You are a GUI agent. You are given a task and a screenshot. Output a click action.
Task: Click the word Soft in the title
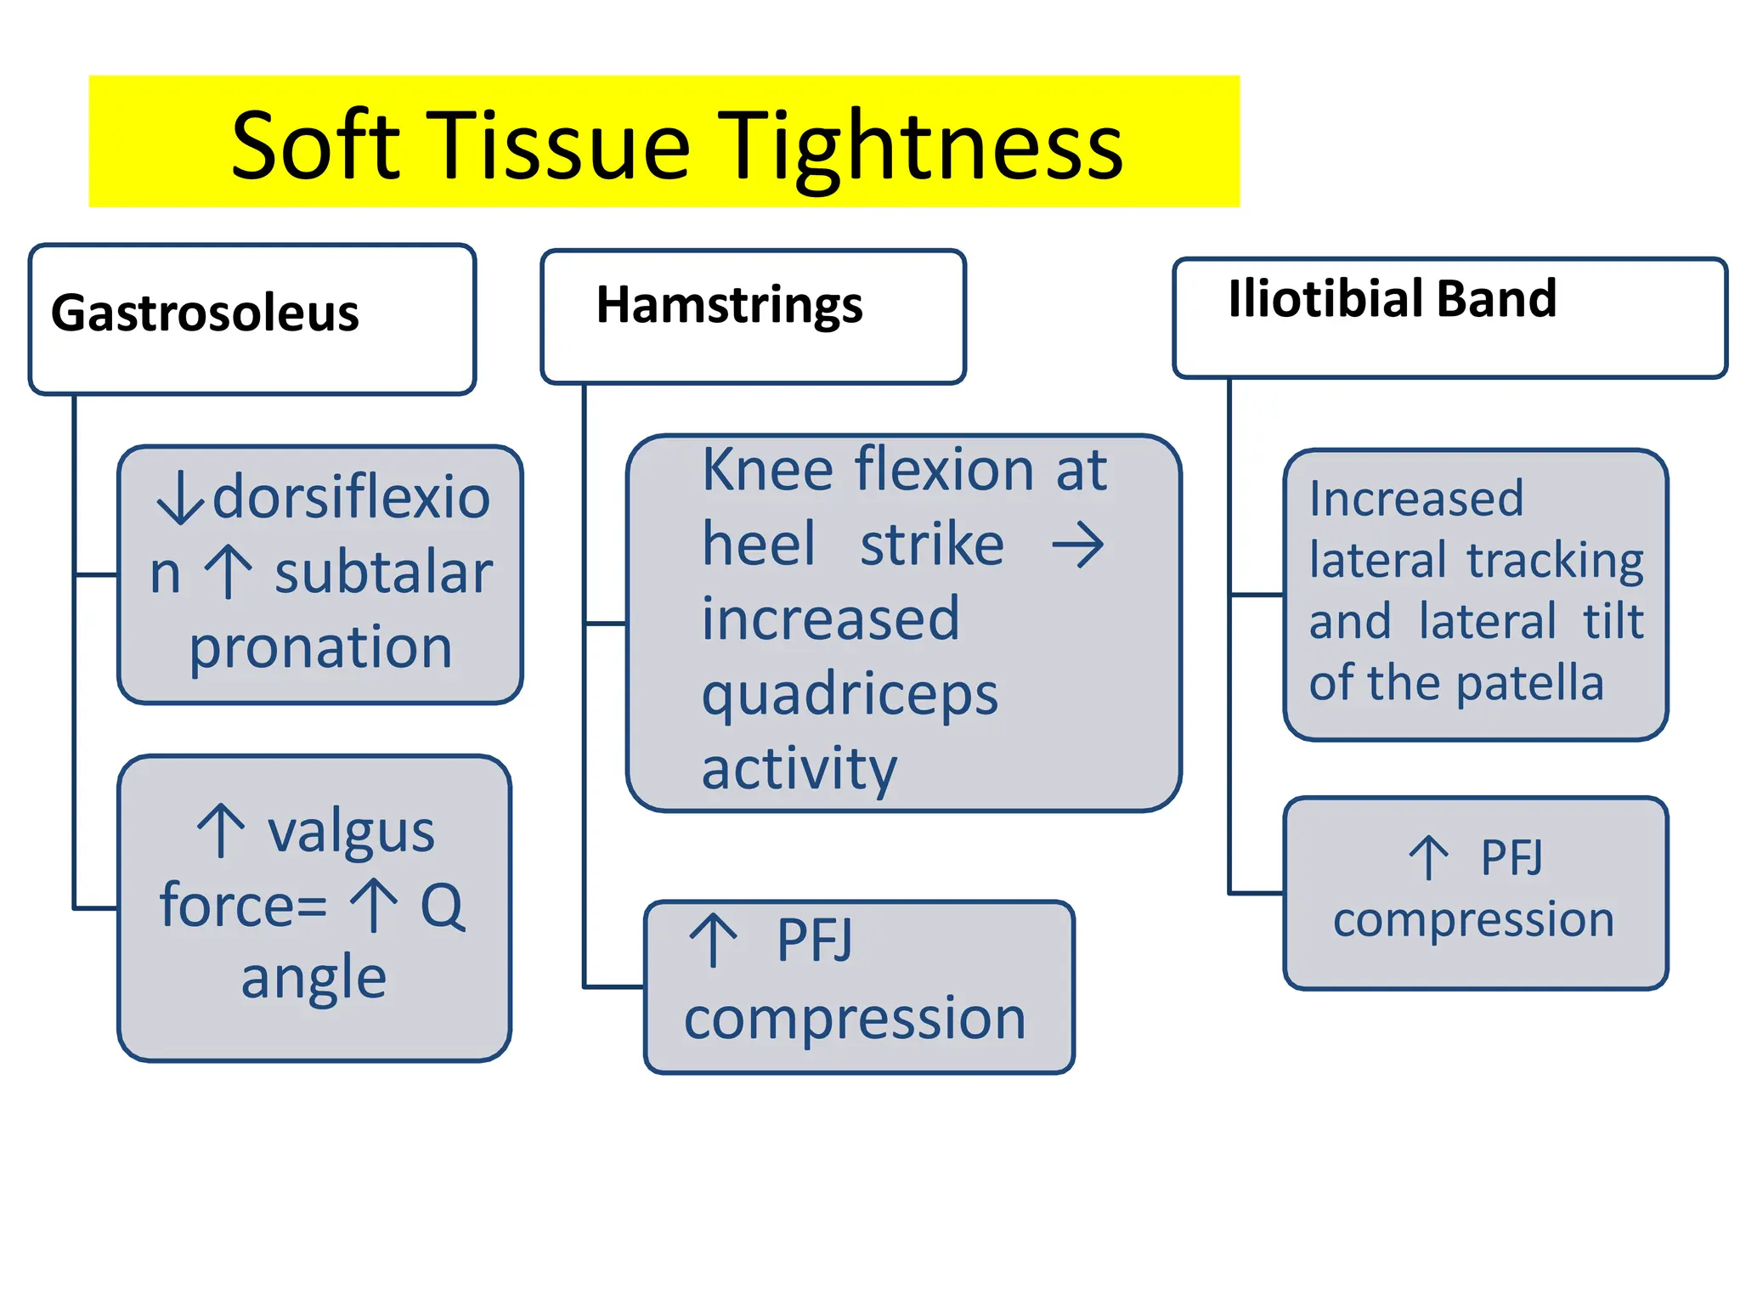pyautogui.click(x=314, y=146)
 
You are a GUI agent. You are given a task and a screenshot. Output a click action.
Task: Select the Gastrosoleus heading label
pyautogui.click(x=205, y=314)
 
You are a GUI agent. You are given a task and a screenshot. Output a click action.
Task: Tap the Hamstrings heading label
pyautogui.click(x=729, y=306)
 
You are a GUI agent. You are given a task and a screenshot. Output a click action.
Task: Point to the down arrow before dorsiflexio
pyautogui.click(x=180, y=500)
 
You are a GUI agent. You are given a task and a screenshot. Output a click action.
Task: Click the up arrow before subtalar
pyautogui.click(x=229, y=573)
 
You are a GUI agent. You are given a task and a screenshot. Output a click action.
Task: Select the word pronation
pyautogui.click(x=320, y=648)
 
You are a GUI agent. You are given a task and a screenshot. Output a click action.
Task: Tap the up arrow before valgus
pyautogui.click(x=222, y=831)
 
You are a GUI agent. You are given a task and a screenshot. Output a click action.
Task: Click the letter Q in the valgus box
pyautogui.click(x=443, y=906)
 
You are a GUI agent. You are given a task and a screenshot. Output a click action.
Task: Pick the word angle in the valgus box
pyautogui.click(x=314, y=979)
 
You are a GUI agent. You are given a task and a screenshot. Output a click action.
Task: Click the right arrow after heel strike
pyautogui.click(x=1077, y=545)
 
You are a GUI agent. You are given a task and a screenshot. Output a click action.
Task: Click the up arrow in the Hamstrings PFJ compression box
pyautogui.click(x=713, y=941)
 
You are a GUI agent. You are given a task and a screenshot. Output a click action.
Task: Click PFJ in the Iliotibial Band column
pyautogui.click(x=1511, y=858)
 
